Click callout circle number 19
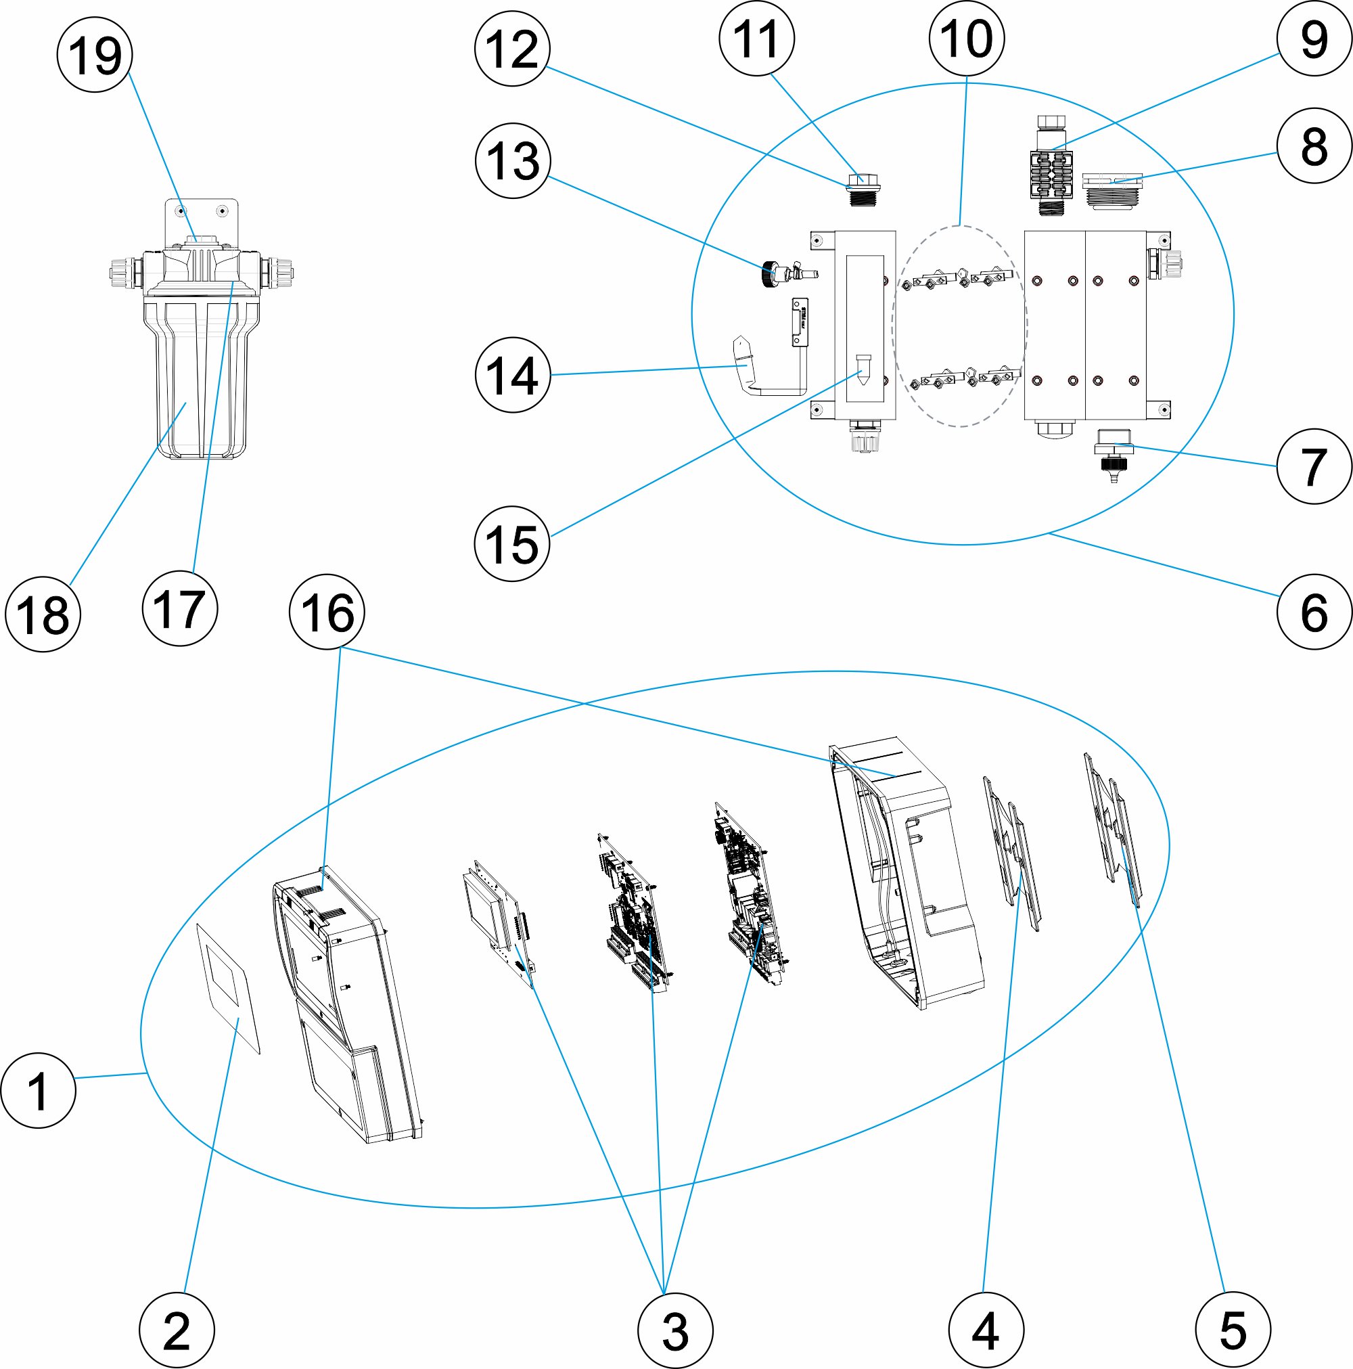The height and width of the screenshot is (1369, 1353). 95,55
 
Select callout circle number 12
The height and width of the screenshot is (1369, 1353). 512,49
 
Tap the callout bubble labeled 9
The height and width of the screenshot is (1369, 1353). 1314,39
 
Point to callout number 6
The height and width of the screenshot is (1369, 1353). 1314,612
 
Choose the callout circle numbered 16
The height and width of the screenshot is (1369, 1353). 327,612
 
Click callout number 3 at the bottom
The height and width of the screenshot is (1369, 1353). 675,1330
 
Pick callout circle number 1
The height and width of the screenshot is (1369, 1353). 39,1090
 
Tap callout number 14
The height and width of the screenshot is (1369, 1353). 512,375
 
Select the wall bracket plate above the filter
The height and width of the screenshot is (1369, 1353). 202,216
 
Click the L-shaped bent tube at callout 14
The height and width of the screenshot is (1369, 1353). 758,368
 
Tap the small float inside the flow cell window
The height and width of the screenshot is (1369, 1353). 863,368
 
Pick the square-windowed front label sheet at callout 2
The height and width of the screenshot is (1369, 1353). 228,989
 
